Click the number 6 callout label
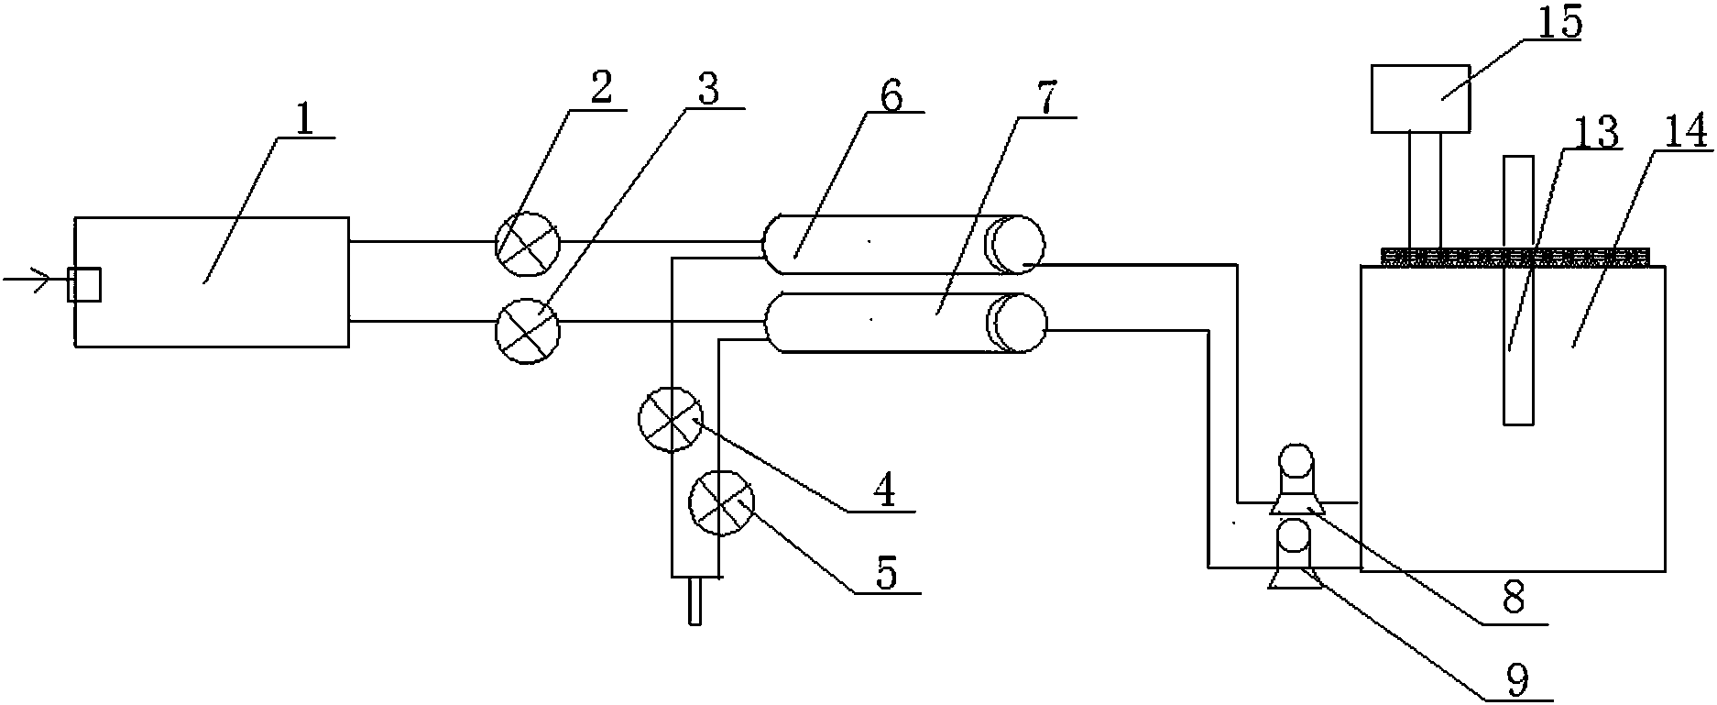tap(891, 94)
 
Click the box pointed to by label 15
tap(1420, 98)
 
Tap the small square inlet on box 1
tap(84, 285)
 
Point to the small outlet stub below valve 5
tap(695, 601)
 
